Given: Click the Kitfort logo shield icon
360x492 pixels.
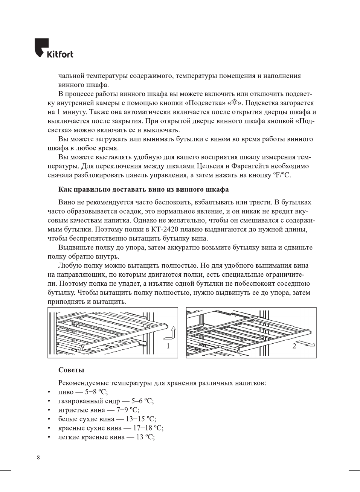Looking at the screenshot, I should coord(41,47).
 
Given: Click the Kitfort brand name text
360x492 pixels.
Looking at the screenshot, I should coord(60,54).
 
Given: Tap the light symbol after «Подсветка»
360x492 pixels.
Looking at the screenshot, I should coord(235,103).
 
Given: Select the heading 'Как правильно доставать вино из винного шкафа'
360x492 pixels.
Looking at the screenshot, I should coord(143,189).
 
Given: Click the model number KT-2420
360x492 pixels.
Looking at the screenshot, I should coord(165,229).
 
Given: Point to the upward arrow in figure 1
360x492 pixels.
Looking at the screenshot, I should coord(172,333).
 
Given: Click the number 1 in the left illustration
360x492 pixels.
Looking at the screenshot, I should coord(168,346).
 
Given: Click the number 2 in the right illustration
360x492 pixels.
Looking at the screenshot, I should coord(294,346).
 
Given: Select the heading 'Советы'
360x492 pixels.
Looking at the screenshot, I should coord(71,370).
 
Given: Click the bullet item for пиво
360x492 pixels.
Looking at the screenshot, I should coord(66,392).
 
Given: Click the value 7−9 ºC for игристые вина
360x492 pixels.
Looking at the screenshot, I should coord(128,410).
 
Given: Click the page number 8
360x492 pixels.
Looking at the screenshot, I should coord(38,458).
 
